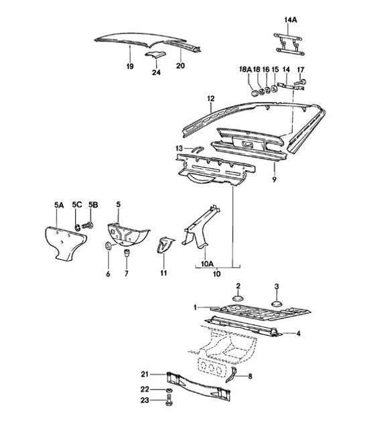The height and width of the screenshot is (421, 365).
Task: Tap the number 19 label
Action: coord(130,66)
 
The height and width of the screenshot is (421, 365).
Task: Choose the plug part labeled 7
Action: coord(125,254)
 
